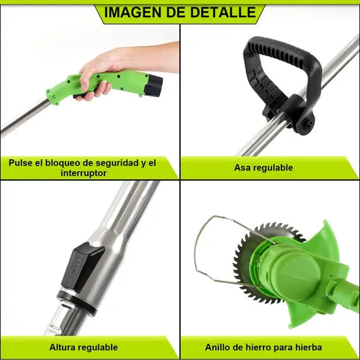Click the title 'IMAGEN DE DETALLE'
tap(179, 12)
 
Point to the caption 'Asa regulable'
tap(264, 168)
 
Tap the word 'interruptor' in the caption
tap(82, 173)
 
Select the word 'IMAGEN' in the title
tap(132, 12)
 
